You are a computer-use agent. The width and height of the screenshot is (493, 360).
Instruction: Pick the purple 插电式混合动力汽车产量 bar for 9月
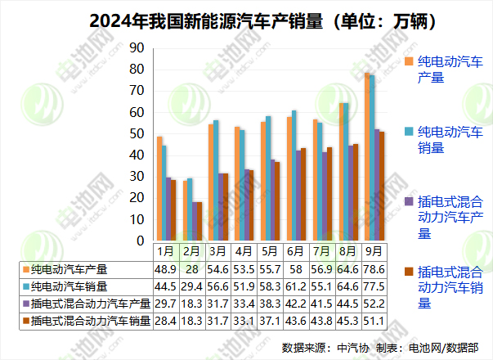[377, 185]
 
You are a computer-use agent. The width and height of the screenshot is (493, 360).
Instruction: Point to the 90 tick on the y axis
[137, 48]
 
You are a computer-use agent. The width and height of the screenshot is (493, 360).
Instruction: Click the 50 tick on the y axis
[137, 134]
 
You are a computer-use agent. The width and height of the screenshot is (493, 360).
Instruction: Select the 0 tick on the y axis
[140, 241]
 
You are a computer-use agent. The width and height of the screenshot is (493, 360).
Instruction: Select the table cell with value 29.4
[191, 286]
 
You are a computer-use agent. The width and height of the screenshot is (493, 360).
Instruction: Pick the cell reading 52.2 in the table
[374, 304]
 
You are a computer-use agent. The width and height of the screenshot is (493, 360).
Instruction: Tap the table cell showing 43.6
[295, 321]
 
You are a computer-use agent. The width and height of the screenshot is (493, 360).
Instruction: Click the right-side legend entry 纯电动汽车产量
[449, 70]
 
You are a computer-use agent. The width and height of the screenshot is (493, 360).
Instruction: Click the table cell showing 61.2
[295, 286]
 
